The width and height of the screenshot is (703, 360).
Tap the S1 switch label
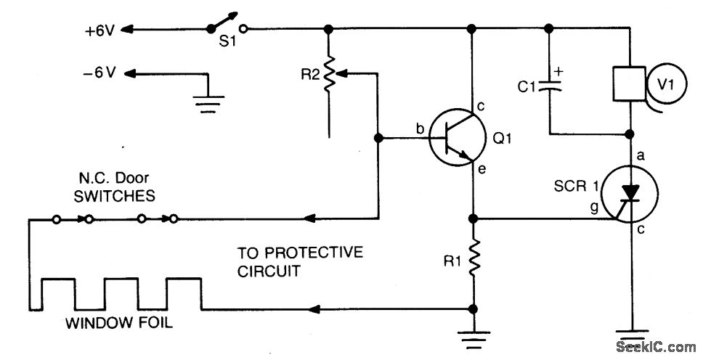click(x=229, y=43)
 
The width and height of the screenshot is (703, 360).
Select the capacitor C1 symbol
click(x=550, y=86)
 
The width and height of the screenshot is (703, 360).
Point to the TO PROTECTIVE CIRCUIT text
click(x=298, y=262)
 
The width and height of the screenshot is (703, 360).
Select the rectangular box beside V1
click(x=629, y=84)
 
